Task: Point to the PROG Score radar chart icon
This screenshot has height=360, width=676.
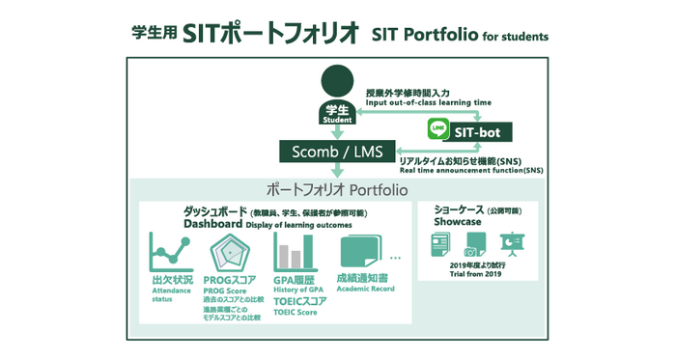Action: tap(232, 254)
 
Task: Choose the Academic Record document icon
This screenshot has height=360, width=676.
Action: tap(358, 255)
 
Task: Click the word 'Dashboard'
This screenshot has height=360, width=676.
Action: tap(211, 224)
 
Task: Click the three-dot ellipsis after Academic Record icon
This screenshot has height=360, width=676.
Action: tap(395, 258)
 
